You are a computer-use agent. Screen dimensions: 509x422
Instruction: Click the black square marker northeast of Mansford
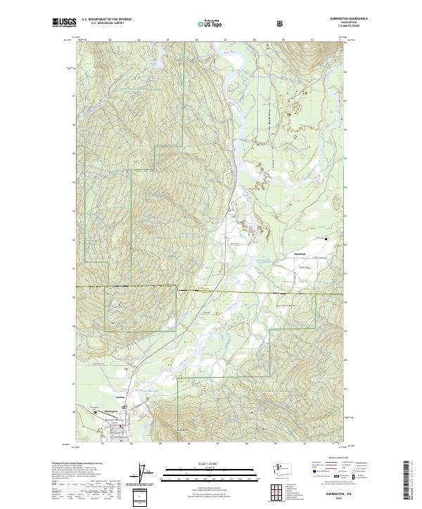point(325,245)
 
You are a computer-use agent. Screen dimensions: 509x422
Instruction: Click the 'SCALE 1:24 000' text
point(201,463)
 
